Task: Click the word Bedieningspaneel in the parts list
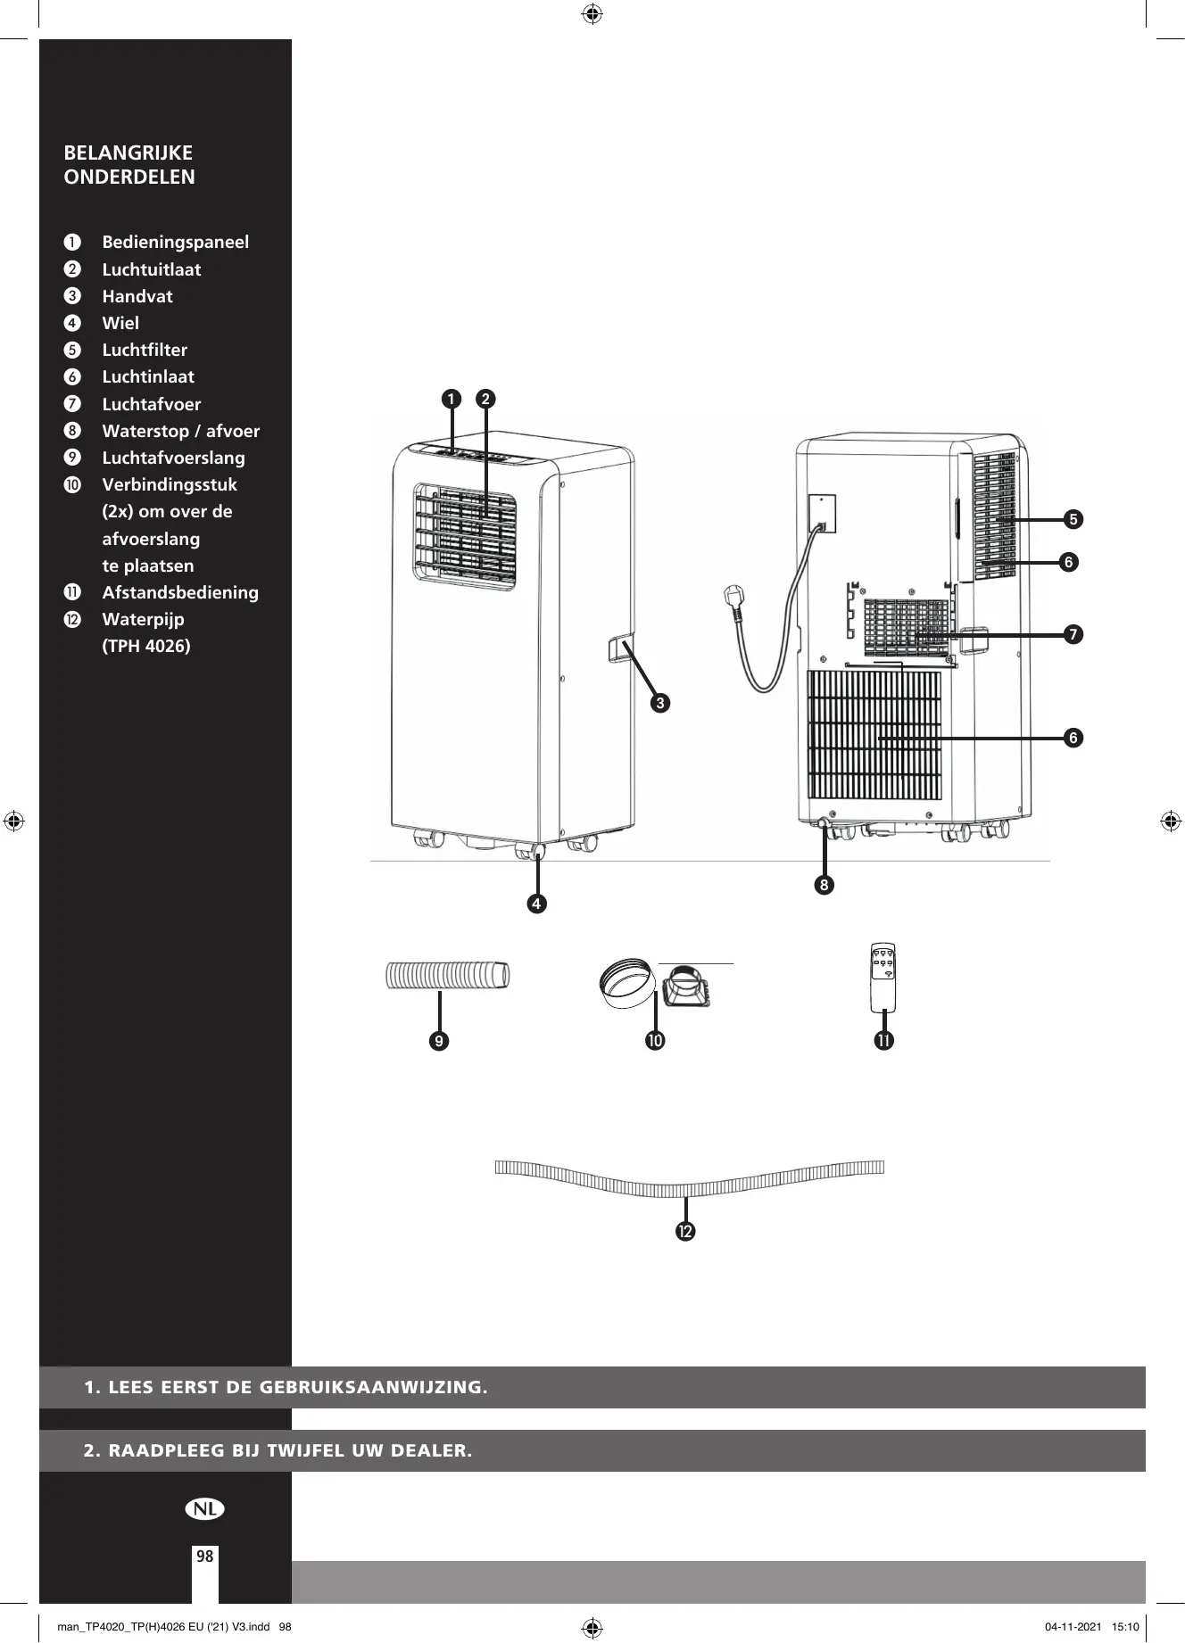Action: [x=175, y=243]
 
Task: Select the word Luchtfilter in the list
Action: [x=145, y=350]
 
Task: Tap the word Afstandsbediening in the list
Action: [x=180, y=592]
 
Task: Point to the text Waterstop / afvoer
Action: [x=181, y=431]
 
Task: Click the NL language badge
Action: [x=205, y=1508]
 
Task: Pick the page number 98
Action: [x=205, y=1556]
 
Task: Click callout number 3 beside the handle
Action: [x=660, y=704]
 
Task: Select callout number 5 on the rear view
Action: [x=1073, y=519]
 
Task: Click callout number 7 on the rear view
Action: [x=1073, y=634]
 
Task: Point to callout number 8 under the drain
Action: [x=824, y=886]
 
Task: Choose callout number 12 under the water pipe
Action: [x=685, y=1231]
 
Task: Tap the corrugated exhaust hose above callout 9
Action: [x=448, y=975]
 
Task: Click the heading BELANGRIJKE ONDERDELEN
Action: [x=129, y=165]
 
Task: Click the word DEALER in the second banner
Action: [x=431, y=1450]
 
